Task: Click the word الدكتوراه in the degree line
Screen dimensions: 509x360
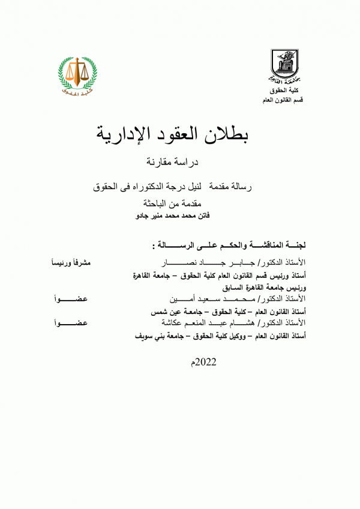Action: click(152, 188)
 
